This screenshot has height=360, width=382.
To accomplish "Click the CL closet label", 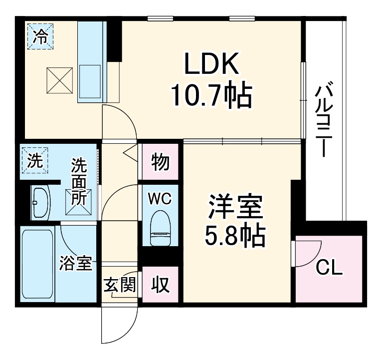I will pyautogui.click(x=330, y=270).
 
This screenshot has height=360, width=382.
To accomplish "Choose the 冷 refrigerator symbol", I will pyautogui.click(x=40, y=36).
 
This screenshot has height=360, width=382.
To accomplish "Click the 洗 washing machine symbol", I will pyautogui.click(x=35, y=161).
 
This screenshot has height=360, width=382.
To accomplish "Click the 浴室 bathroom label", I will pyautogui.click(x=76, y=263).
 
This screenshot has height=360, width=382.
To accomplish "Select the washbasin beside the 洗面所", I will pyautogui.click(x=40, y=203).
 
